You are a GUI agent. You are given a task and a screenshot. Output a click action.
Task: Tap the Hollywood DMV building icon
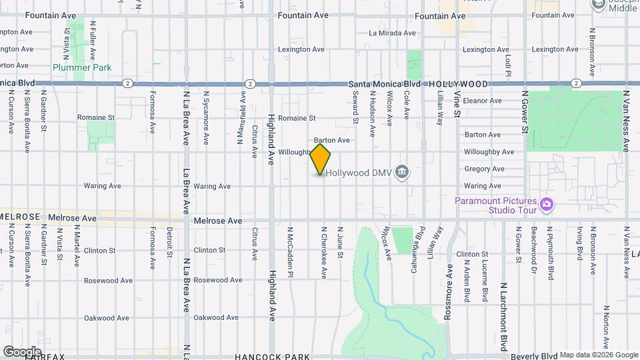(401, 173)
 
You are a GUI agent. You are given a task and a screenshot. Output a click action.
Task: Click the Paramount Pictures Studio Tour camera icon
(547, 203)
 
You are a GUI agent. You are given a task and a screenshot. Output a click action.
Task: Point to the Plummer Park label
(82, 67)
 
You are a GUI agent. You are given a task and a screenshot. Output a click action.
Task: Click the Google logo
(21, 351)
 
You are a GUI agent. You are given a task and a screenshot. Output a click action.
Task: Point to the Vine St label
(457, 104)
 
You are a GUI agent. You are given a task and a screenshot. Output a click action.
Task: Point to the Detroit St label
(170, 243)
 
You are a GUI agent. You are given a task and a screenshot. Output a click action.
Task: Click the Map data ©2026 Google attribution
(598, 355)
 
